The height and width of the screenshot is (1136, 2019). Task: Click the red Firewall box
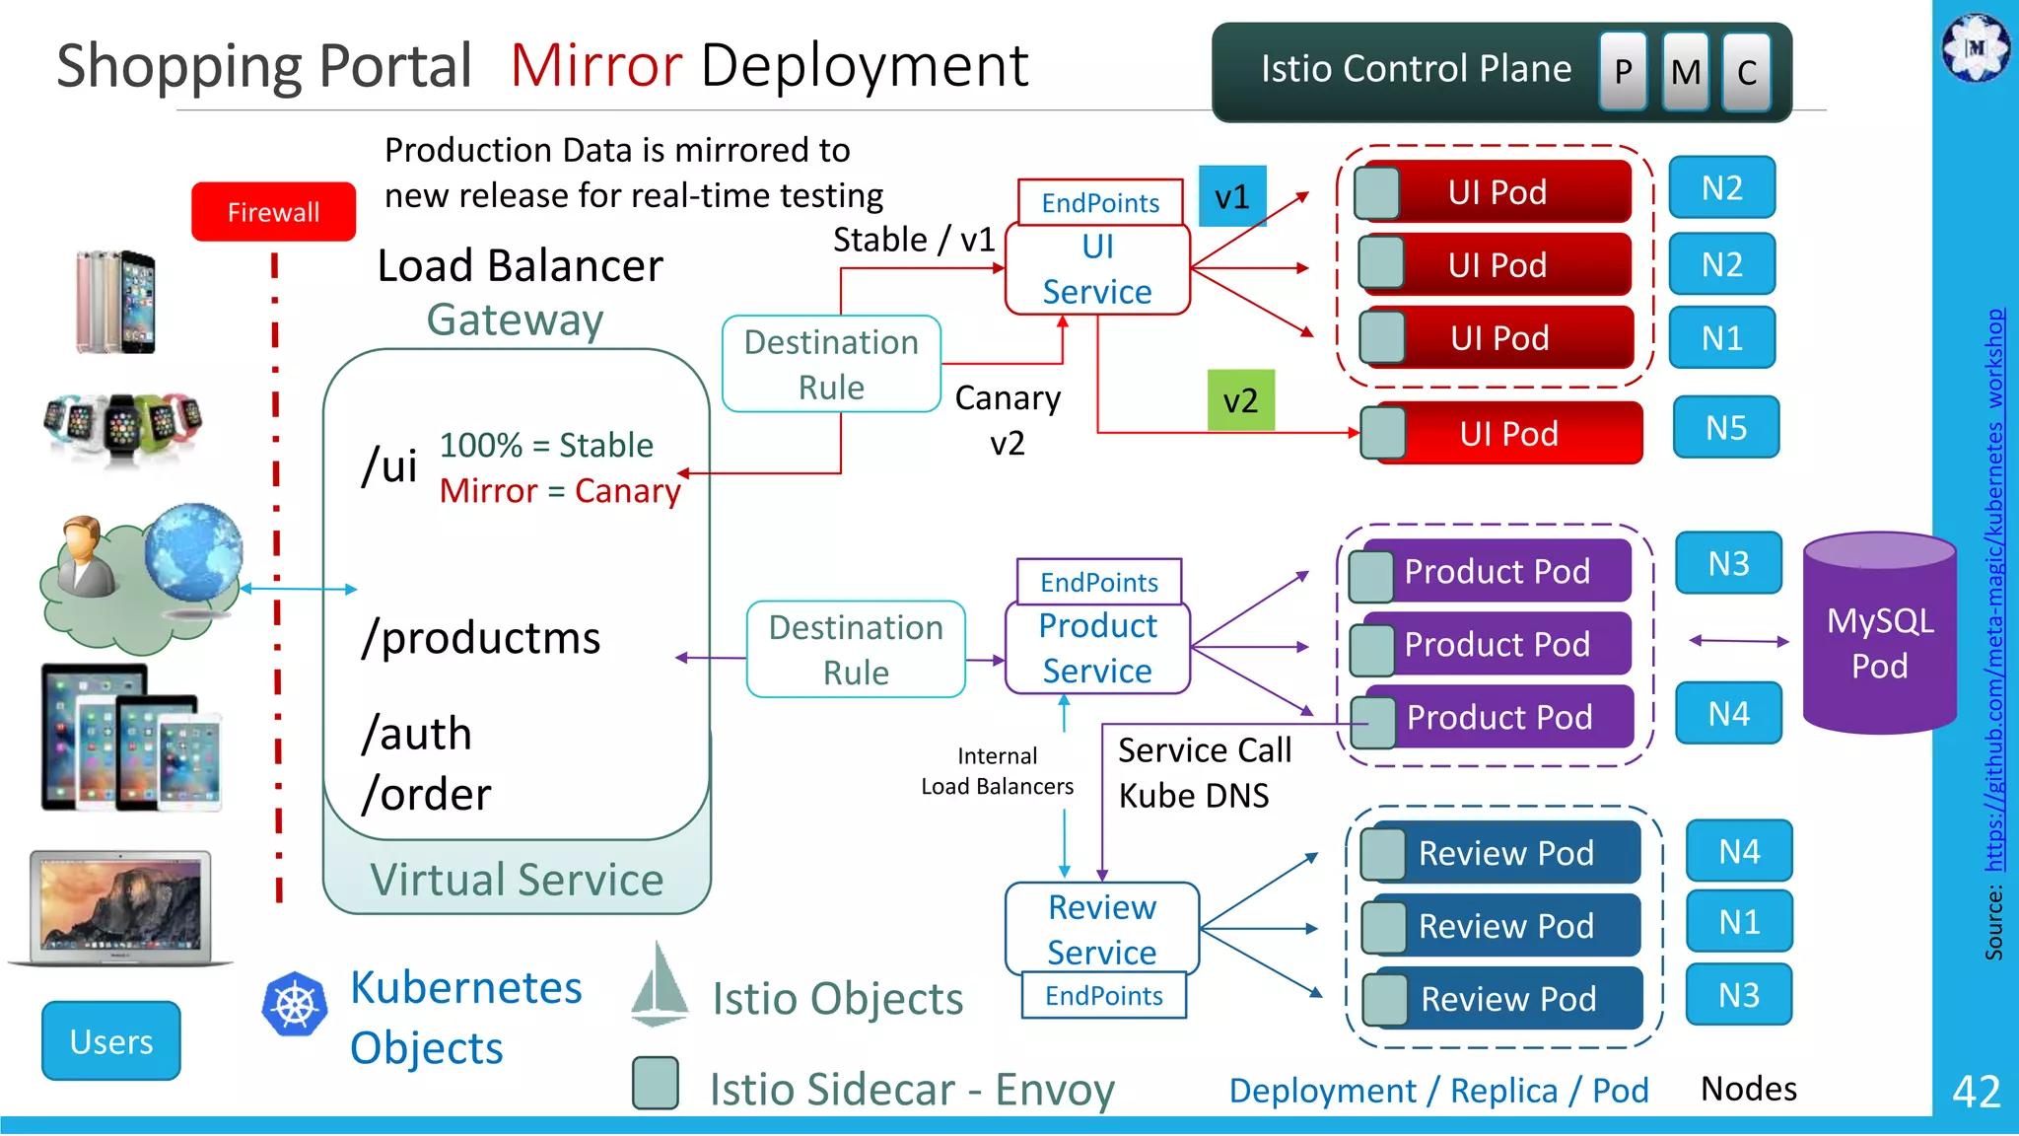[x=273, y=212]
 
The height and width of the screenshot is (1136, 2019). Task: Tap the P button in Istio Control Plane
[x=1623, y=71]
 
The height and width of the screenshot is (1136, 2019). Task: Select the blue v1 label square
[x=1231, y=197]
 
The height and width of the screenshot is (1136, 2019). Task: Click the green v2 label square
[x=1240, y=400]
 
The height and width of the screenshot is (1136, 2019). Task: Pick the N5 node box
[x=1725, y=428]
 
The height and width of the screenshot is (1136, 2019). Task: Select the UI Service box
[x=1097, y=269]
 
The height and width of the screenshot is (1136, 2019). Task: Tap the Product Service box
[x=1097, y=648]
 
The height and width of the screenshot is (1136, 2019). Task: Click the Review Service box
[x=1101, y=928]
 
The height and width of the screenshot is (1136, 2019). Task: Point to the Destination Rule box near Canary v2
[x=831, y=364]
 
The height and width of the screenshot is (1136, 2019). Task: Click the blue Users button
[x=111, y=1041]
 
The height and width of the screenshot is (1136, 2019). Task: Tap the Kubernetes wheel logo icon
[x=294, y=1004]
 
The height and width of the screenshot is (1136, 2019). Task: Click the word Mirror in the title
[x=595, y=66]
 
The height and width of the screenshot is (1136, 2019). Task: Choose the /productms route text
[x=480, y=638]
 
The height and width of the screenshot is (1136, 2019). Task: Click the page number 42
[x=1976, y=1092]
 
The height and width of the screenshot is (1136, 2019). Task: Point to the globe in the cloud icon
[x=193, y=551]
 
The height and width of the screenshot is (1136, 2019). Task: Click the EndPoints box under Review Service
[x=1103, y=996]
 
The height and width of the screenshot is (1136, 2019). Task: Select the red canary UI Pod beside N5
[x=1508, y=433]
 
